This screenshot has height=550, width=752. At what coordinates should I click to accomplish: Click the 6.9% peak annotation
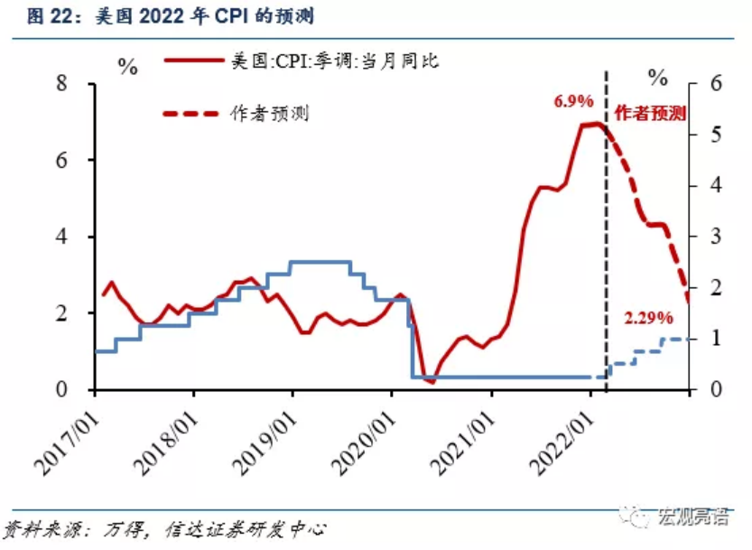[573, 101]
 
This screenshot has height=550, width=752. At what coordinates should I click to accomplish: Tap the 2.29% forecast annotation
[648, 318]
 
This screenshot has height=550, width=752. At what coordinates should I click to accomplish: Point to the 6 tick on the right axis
[716, 83]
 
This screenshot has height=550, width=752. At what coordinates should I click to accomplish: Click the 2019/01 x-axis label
[264, 443]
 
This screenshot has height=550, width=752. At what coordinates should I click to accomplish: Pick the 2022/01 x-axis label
[562, 443]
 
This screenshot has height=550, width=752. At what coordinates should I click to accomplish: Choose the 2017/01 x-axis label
[66, 443]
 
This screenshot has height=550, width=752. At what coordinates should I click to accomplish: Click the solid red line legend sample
[194, 61]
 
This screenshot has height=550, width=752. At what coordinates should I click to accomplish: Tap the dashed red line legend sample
[190, 114]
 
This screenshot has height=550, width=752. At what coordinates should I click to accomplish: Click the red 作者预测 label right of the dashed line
[650, 113]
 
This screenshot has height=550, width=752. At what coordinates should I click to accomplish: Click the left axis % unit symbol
[128, 67]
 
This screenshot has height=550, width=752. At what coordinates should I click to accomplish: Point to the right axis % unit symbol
[657, 78]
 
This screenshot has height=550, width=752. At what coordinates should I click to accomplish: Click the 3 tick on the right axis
[716, 236]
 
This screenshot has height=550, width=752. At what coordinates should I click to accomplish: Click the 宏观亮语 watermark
[694, 517]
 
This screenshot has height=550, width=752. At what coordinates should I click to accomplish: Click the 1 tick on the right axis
[716, 339]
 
